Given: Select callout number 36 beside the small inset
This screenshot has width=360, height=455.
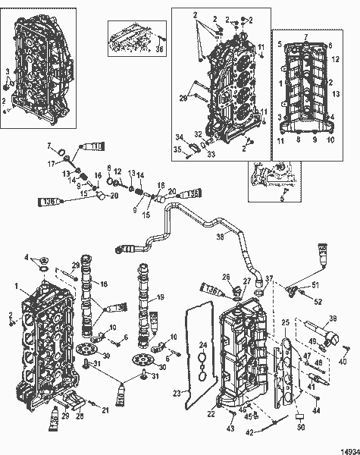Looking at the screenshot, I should pyautogui.click(x=159, y=50).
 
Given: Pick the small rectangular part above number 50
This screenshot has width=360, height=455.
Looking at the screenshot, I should pyautogui.click(x=300, y=416).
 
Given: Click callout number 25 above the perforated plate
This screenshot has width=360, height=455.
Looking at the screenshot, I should pyautogui.click(x=286, y=323).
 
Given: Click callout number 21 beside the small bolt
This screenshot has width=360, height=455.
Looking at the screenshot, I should pyautogui.click(x=105, y=410).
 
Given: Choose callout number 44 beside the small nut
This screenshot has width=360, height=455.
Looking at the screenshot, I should pyautogui.click(x=317, y=410).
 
